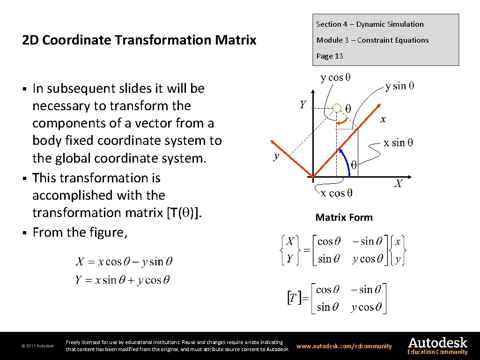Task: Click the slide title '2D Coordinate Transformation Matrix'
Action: (139, 40)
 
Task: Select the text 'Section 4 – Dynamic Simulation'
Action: (369, 24)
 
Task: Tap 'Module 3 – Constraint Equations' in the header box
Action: (372, 40)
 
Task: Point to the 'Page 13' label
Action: (329, 56)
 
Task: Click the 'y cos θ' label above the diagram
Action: (335, 77)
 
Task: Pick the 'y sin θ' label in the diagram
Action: (399, 86)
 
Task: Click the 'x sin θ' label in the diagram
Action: (398, 142)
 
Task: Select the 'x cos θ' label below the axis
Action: (336, 193)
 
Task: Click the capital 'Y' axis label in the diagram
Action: (303, 105)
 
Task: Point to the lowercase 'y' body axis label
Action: (276, 157)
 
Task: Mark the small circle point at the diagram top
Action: (337, 109)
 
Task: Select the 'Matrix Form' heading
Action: (344, 217)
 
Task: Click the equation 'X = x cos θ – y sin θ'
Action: (124, 262)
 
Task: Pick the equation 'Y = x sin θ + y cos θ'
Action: (122, 280)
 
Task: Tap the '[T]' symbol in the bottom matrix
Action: (292, 298)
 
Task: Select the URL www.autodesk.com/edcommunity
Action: (344, 346)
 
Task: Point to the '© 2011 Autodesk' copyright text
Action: (38, 346)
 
